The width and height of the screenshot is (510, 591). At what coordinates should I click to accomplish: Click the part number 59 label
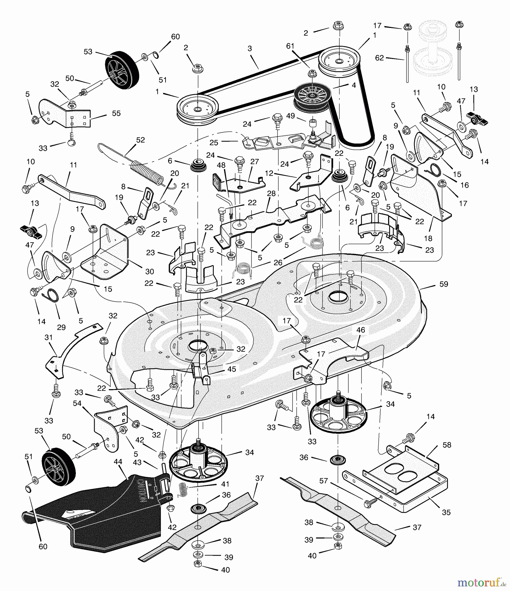point(443,284)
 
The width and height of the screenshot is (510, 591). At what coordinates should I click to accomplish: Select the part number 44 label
point(118,462)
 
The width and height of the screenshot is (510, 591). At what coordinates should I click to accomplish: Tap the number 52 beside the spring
point(140,140)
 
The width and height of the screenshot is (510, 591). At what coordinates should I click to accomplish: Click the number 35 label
point(446,512)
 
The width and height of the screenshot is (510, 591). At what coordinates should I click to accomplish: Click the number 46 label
point(361,330)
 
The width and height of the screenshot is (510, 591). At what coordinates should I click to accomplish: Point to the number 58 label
point(447,445)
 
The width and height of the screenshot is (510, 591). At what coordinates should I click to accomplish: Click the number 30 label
point(149,272)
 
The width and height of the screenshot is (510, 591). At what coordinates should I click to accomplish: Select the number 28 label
point(271,193)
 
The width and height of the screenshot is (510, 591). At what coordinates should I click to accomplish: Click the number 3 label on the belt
point(250,49)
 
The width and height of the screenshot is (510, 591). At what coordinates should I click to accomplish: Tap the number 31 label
point(48,337)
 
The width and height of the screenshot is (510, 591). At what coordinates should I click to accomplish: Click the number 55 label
point(116,113)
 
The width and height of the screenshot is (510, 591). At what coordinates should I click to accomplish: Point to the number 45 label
point(232,369)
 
